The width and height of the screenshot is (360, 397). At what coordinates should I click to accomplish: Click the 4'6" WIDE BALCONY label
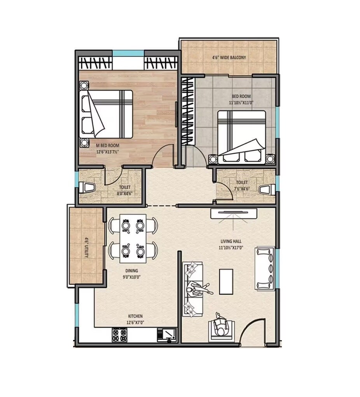pyautogui.click(x=229, y=58)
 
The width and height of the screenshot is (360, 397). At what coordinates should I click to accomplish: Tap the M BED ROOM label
pyautogui.click(x=107, y=145)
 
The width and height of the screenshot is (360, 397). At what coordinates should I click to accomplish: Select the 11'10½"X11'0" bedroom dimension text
pyautogui.click(x=241, y=103)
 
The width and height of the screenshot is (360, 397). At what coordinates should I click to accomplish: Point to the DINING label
pyautogui.click(x=131, y=271)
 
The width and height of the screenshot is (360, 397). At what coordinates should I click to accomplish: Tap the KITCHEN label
pyautogui.click(x=136, y=316)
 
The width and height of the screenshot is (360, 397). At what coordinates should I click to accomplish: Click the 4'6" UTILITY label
pyautogui.click(x=87, y=248)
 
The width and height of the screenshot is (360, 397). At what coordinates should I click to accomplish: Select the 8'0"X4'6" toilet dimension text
pyautogui.click(x=124, y=193)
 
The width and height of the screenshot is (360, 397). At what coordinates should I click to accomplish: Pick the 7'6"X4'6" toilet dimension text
pyautogui.click(x=241, y=189)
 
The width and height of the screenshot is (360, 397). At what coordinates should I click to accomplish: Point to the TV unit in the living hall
pyautogui.click(x=234, y=213)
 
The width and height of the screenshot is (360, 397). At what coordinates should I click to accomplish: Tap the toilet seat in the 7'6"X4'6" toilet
pyautogui.click(x=266, y=190)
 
